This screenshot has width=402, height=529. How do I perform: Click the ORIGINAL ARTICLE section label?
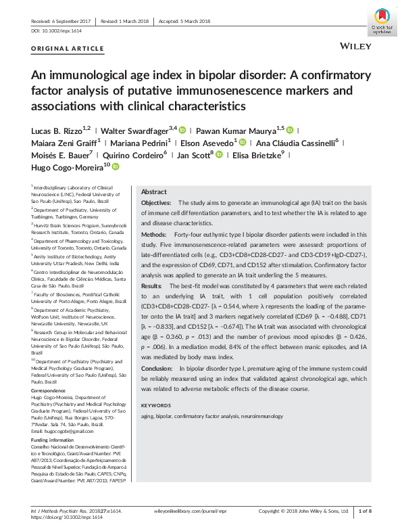pos(68,49)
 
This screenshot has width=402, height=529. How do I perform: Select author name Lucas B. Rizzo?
pos(57,129)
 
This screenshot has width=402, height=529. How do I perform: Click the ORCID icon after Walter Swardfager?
pos(182,129)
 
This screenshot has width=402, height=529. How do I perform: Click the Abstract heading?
pos(153,192)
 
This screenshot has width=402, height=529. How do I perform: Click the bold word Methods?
pos(153,235)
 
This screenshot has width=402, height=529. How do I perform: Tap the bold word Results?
pos(151,286)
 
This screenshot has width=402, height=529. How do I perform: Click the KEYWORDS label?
pos(155,405)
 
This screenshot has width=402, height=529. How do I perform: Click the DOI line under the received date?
pos(56,31)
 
